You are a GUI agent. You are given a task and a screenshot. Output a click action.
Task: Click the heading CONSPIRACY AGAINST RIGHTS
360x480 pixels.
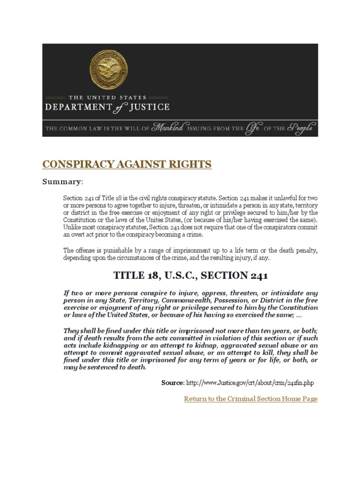pos(127,165)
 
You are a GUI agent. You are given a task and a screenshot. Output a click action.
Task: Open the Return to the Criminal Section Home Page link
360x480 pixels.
pos(251,399)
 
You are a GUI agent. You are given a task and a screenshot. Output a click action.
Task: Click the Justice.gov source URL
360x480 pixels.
pos(250,383)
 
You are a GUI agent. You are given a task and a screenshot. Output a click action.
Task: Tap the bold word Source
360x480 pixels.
pos(172,383)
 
